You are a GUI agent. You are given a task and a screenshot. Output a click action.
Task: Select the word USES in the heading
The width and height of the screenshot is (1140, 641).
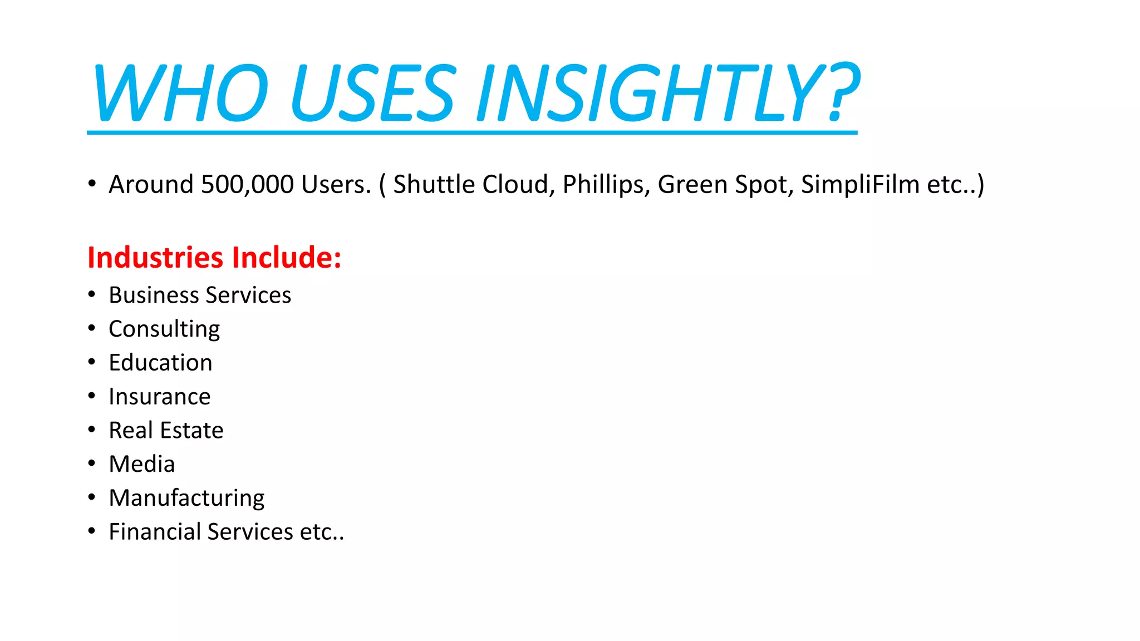[373, 93]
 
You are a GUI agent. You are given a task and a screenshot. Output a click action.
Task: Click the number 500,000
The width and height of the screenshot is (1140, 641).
[247, 184]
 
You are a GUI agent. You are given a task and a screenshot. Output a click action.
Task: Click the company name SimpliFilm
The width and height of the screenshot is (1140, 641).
[860, 184]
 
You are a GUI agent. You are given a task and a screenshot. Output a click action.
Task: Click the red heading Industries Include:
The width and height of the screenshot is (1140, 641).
[214, 258]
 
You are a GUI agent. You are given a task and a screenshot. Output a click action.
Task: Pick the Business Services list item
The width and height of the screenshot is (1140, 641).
[200, 295]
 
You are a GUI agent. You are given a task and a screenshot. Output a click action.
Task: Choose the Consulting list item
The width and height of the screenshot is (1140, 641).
[164, 329]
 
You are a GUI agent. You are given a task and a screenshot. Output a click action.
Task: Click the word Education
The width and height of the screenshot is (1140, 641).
[160, 363]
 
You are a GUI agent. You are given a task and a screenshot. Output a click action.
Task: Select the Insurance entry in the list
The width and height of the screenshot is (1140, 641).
[160, 397]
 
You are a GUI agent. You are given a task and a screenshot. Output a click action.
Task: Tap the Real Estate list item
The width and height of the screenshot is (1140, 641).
[166, 430]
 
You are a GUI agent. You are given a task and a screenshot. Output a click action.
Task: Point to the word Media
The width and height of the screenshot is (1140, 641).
[142, 464]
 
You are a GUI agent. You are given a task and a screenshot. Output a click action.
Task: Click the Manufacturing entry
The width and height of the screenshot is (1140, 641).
[186, 498]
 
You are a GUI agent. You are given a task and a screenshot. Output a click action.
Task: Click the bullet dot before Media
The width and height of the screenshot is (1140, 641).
[92, 463]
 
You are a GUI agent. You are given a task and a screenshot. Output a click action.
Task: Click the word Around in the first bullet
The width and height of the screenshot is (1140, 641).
[151, 184]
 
